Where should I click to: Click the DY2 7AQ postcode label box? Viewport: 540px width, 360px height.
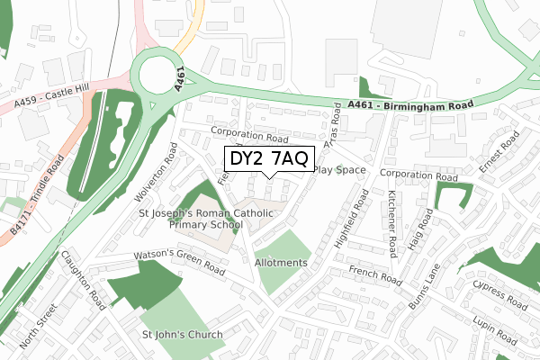[267, 159]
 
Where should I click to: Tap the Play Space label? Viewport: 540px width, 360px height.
[340, 170]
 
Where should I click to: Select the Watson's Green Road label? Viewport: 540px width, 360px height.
[179, 261]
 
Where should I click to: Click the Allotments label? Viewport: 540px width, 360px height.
[281, 263]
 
